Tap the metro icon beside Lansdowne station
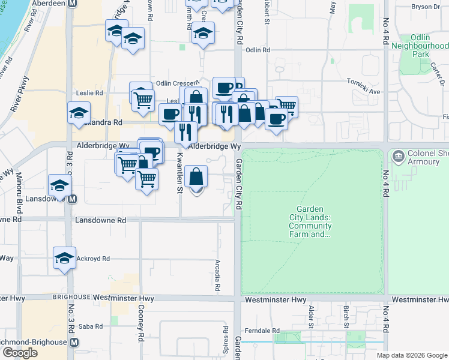(x=72, y=199)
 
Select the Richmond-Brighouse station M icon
(x=74, y=342)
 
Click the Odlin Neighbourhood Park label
(x=420, y=45)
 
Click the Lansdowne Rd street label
(x=100, y=220)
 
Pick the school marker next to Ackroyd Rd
(x=64, y=258)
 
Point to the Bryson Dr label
(x=426, y=7)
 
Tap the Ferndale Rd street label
(x=267, y=331)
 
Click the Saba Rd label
(x=91, y=326)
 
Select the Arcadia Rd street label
(x=217, y=275)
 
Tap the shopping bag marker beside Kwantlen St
(x=196, y=177)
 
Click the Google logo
(x=20, y=353)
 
